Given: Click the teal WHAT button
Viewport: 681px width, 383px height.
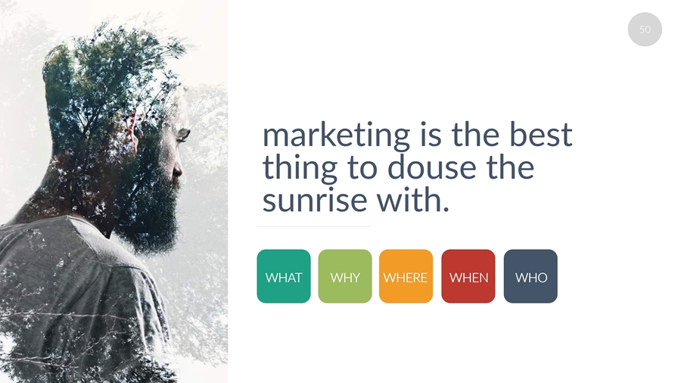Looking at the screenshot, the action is (x=284, y=276).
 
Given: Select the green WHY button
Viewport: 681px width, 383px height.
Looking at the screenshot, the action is (x=345, y=276).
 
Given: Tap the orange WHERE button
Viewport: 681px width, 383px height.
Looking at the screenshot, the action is (x=406, y=276).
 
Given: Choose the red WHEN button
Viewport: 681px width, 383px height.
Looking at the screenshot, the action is (x=468, y=276).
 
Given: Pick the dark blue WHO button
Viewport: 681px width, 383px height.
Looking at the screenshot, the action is (x=530, y=276).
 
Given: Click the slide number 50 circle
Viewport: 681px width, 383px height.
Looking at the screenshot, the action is (x=645, y=30).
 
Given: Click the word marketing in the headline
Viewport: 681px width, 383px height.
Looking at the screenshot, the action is (x=336, y=136).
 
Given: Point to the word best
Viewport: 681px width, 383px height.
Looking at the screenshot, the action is (x=541, y=134).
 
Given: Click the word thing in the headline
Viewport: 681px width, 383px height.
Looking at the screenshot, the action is (x=300, y=169).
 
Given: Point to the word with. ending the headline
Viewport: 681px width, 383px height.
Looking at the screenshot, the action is (x=412, y=199).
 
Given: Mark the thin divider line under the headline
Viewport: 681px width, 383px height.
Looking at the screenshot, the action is (x=314, y=226).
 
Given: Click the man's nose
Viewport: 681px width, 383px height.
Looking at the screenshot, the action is (x=178, y=169).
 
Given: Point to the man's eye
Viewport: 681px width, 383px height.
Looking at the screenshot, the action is (x=183, y=135).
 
